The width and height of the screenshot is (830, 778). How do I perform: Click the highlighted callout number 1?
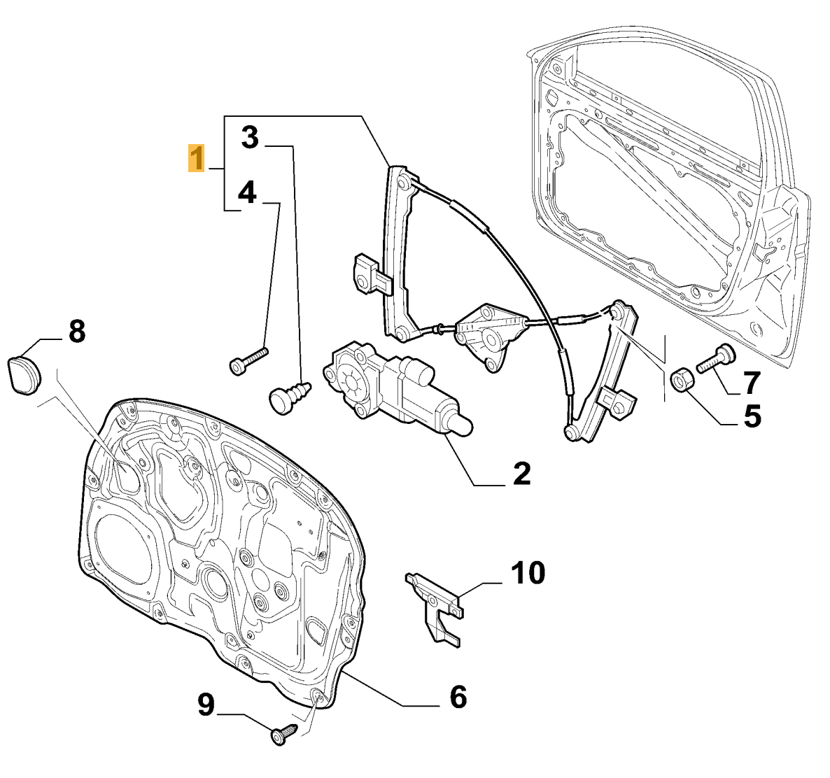[x=197, y=158]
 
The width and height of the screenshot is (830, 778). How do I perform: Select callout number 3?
[x=251, y=138]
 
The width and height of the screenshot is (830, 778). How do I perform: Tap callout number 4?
[x=247, y=192]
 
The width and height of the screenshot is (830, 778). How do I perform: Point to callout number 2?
[x=521, y=473]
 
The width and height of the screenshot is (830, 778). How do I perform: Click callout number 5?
[x=752, y=416]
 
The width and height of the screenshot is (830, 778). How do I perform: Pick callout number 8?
[x=77, y=332]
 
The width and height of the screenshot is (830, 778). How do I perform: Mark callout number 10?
[x=528, y=572]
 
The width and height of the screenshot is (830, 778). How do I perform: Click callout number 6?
[x=458, y=697]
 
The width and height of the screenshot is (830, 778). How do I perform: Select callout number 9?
[x=206, y=705]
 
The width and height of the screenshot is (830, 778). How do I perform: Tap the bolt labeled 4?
[x=248, y=360]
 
